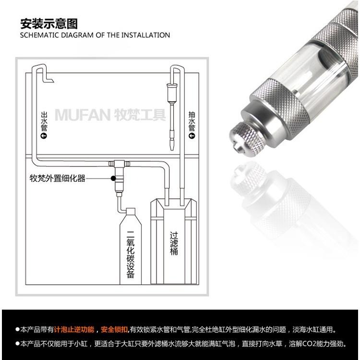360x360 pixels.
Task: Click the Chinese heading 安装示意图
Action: pos(48,24)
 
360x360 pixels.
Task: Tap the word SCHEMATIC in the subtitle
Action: pos(37,35)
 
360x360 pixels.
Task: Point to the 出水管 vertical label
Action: pos(44,120)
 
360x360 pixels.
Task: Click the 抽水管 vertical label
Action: pos(192,120)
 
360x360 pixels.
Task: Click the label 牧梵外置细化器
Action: pos(57,178)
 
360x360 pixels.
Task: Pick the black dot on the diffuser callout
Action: pos(113,178)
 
